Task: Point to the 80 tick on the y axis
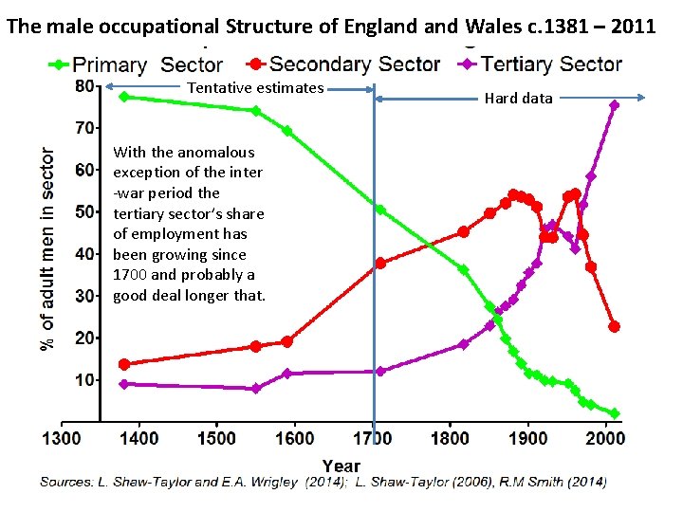pos(84,85)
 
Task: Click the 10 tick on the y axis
pos(84,380)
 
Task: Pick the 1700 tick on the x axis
pos(373,438)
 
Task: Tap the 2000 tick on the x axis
pos(607,438)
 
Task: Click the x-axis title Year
pos(341,465)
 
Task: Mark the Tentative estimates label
pos(256,88)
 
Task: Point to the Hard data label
pos(518,98)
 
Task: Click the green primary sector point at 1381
pos(124,97)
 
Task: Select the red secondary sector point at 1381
pos(124,364)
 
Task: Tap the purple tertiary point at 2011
pos(614,105)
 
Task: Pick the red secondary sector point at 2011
pos(614,326)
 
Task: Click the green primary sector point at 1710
pos(380,210)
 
